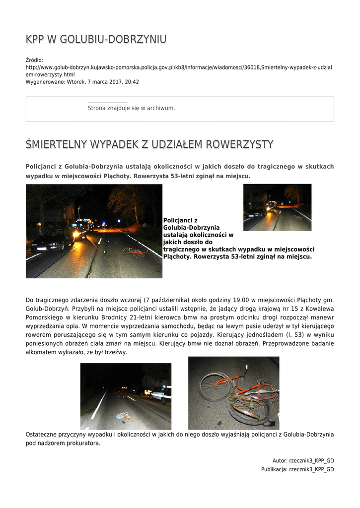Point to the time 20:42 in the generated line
132,82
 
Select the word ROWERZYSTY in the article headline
240,144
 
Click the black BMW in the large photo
52,240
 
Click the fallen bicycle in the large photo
135,252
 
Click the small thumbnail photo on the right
277,207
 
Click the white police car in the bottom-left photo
159,395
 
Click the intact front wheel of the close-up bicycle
214,387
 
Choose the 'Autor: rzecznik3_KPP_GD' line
303,460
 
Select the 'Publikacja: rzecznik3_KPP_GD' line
297,469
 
